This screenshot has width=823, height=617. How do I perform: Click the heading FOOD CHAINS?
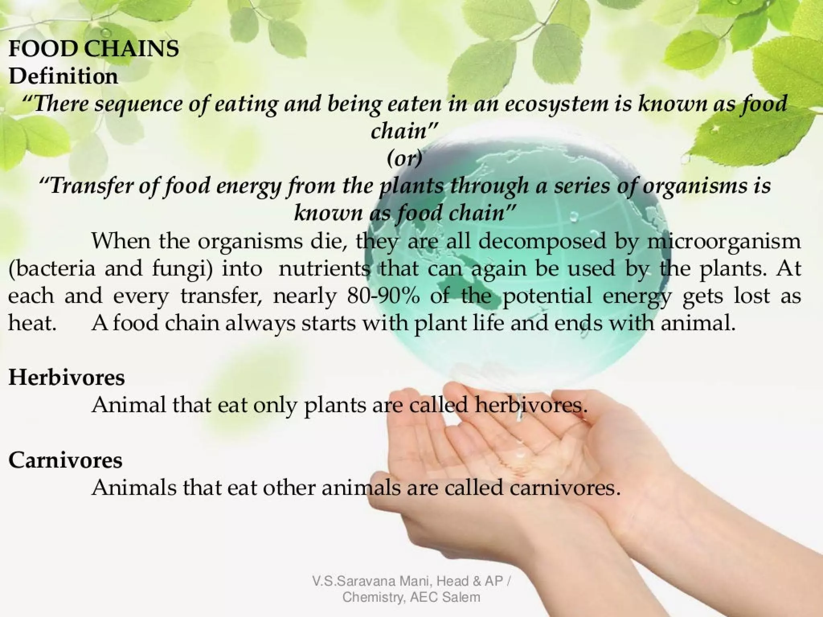pos(94,49)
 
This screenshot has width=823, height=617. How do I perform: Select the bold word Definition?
pos(63,76)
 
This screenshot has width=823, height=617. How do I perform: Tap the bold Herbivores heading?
pos(67,378)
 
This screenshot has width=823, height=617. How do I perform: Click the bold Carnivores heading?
pos(66,460)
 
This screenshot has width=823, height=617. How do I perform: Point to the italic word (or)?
pos(405,159)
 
